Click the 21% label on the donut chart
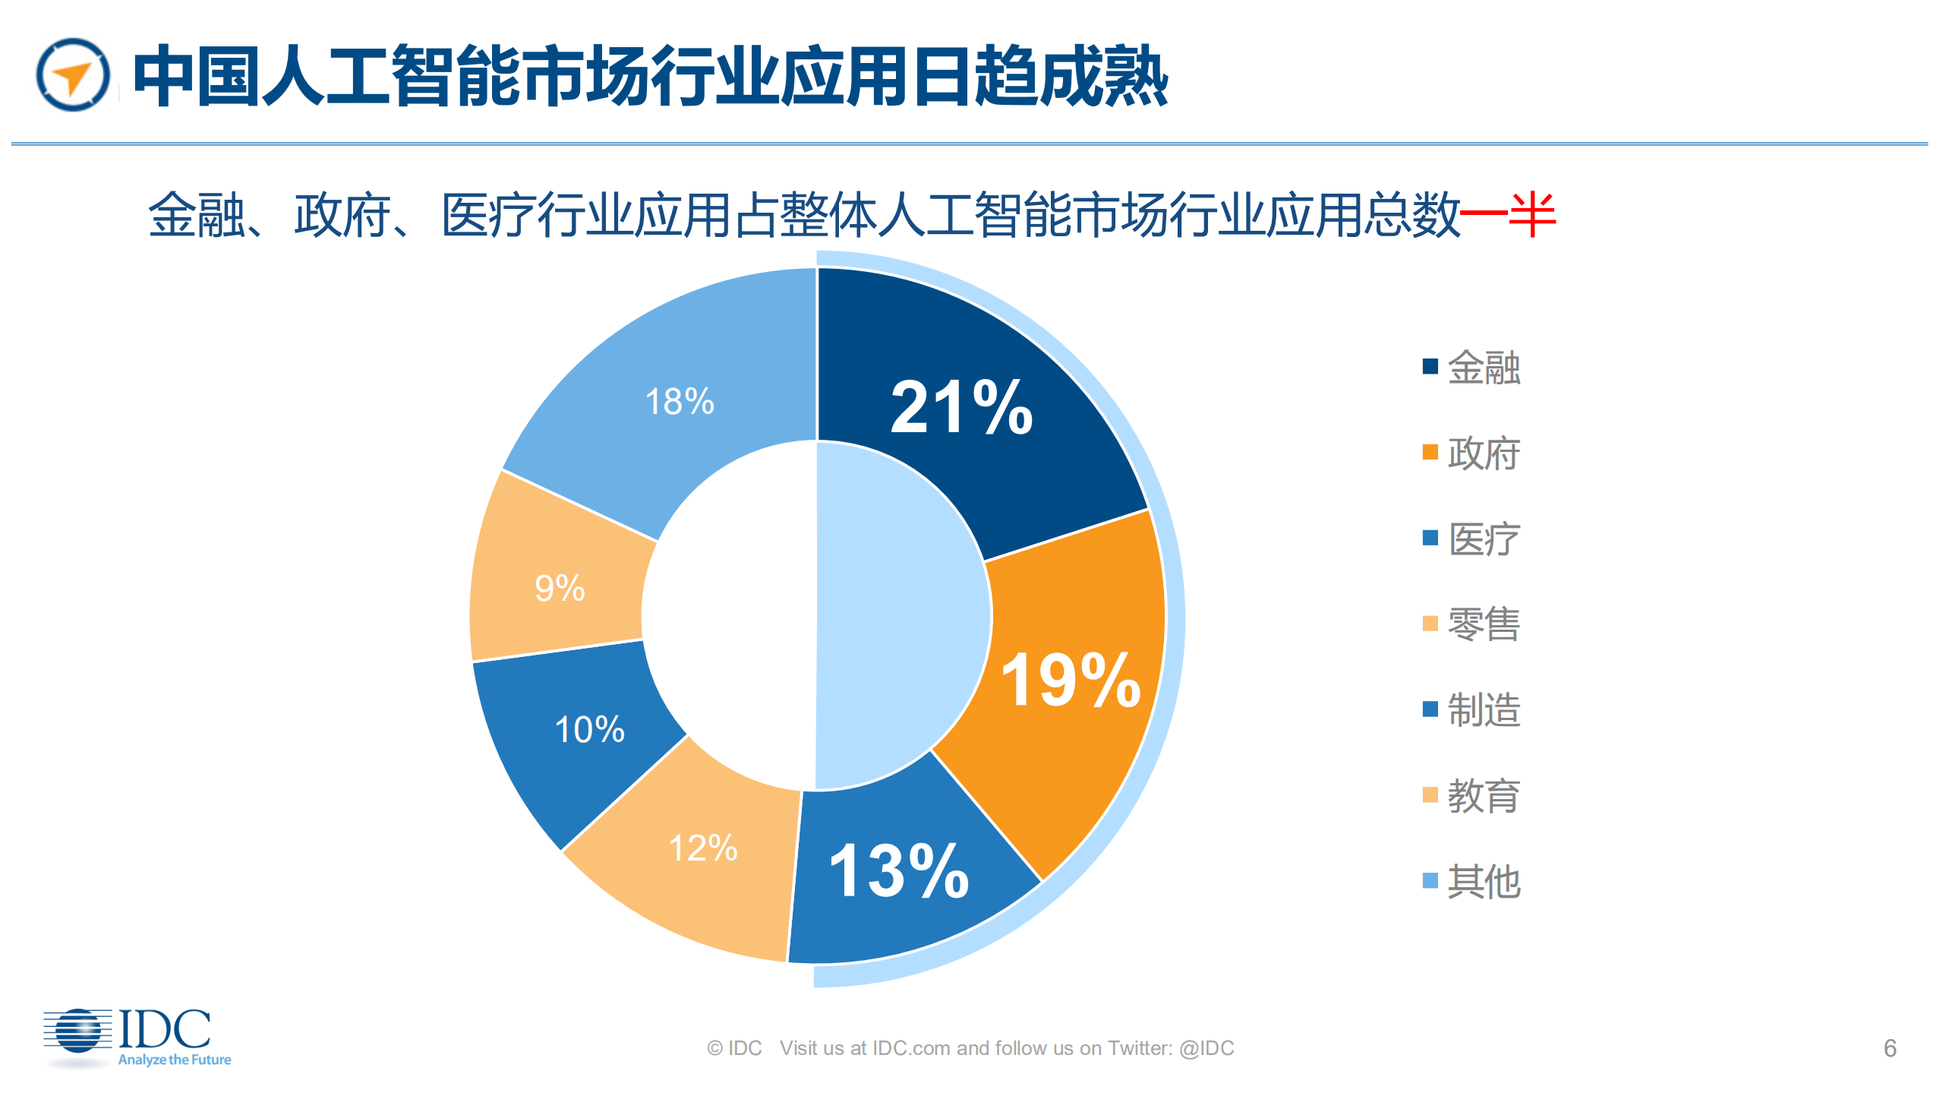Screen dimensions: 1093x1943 click(x=961, y=408)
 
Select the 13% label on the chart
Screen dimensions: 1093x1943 click(x=899, y=871)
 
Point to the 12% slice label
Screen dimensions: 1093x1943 click(x=702, y=848)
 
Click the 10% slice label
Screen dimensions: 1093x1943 click(x=589, y=729)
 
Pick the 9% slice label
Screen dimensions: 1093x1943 click(x=560, y=588)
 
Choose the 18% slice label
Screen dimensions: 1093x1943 click(x=680, y=401)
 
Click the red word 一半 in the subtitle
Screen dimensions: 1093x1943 click(x=1508, y=215)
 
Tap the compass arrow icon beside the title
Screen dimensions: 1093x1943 click(x=73, y=75)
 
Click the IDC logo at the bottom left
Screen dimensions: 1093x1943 click(x=137, y=1038)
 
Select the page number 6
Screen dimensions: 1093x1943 click(x=1890, y=1048)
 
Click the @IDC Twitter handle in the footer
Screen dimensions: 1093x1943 click(x=1206, y=1048)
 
